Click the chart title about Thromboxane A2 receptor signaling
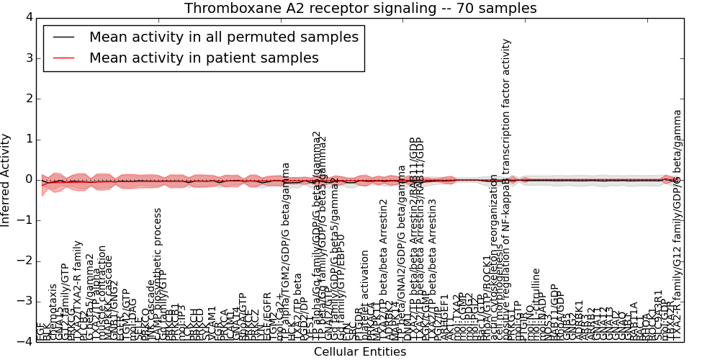360,9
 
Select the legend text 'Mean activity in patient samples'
204,58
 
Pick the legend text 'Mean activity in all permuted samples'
223,37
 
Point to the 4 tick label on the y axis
27,17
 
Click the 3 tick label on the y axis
27,58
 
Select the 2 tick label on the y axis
27,99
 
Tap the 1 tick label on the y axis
27,139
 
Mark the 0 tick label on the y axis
27,179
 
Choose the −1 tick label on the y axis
24,220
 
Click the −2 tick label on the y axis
24,261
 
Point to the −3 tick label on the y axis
24,301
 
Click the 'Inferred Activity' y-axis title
6,180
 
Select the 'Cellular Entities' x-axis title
360,352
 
